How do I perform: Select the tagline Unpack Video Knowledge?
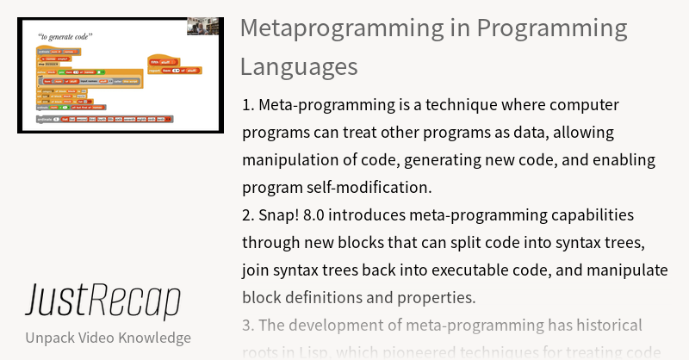(x=108, y=338)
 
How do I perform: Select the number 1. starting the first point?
(x=249, y=105)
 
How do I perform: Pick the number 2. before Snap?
(x=250, y=215)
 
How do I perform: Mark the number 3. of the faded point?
(x=250, y=326)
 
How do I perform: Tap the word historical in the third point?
(x=600, y=326)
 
